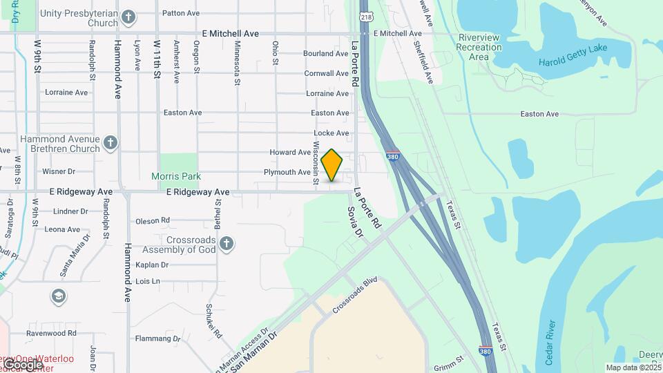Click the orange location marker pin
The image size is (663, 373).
332,165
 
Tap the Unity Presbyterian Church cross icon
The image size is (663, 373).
128,17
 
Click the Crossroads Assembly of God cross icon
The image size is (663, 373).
226,244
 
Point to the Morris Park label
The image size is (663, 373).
176,176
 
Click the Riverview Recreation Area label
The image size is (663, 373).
479,47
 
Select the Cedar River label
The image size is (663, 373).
550,343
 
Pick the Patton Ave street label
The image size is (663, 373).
180,13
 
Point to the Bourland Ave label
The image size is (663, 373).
326,53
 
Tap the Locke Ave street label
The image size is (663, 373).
331,133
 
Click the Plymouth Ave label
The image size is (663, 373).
287,172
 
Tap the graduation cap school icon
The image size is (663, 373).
59,296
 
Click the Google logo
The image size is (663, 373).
23,364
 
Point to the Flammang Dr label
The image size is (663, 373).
157,339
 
